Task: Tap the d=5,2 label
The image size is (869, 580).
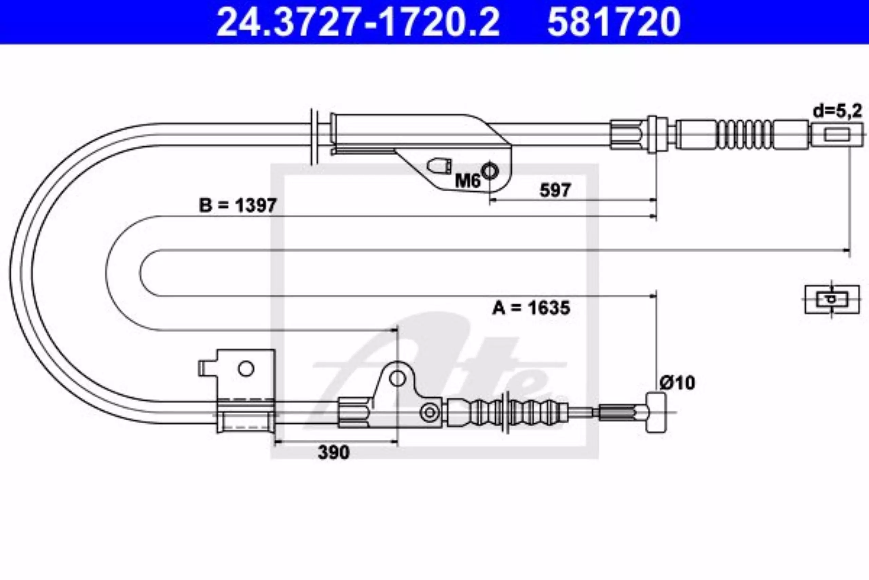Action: (x=837, y=111)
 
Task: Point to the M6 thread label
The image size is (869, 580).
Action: (x=467, y=181)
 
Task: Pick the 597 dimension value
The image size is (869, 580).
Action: (x=555, y=191)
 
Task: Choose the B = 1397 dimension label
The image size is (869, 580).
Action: (x=238, y=205)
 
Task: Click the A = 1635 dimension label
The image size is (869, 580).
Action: (x=531, y=308)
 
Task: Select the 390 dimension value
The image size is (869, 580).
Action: (x=334, y=452)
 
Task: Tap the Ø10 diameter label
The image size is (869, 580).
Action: (x=677, y=383)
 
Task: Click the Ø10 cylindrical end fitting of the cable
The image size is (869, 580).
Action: (x=656, y=412)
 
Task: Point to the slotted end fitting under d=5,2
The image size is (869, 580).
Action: (x=837, y=135)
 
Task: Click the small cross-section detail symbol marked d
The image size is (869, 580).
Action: (x=832, y=299)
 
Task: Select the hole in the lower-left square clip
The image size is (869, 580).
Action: (x=246, y=368)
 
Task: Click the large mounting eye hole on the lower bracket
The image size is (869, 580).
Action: (x=397, y=378)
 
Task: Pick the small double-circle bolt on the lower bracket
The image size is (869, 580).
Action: (x=430, y=412)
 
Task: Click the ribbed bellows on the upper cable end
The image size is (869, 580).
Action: (x=745, y=135)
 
